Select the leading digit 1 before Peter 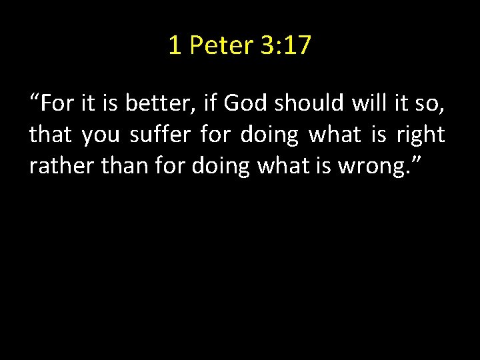point(175,45)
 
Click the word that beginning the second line point(51,135)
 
